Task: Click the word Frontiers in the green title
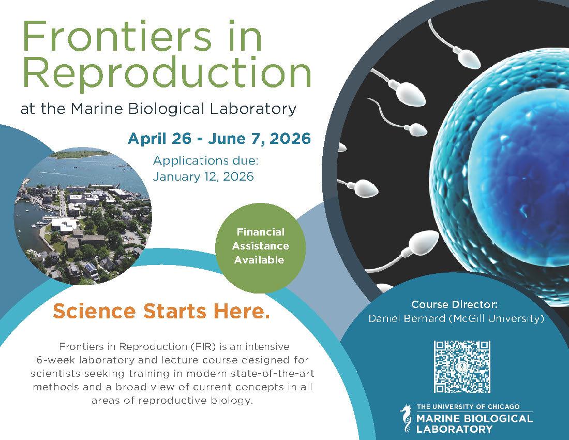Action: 116,36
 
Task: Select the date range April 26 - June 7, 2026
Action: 219,138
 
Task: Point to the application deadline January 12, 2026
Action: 203,177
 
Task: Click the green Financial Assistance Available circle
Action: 260,248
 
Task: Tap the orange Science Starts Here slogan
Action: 161,311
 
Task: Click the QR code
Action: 462,366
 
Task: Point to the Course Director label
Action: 454,304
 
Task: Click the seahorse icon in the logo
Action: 407,419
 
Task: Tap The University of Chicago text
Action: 468,406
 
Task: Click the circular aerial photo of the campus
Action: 83,216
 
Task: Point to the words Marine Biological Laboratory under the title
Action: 183,109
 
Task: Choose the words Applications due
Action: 205,160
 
